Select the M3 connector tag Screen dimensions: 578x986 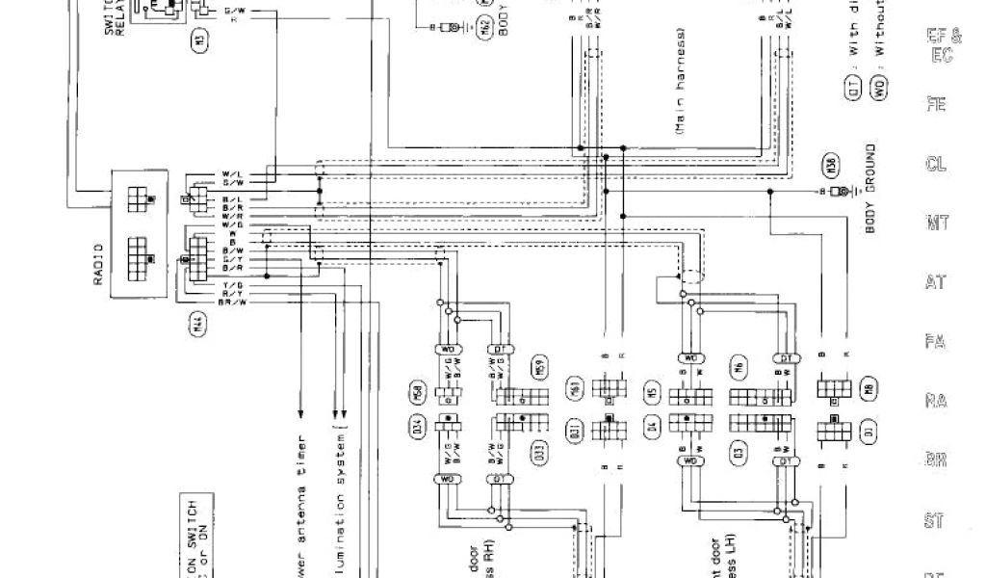(x=199, y=41)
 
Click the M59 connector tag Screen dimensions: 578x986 (x=536, y=367)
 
